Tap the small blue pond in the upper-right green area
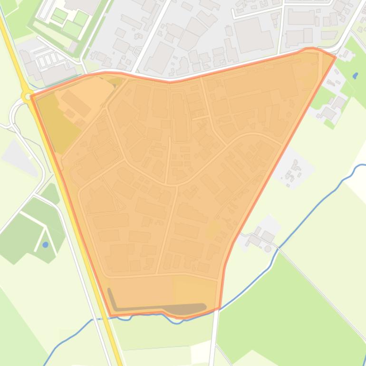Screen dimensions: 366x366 pyautogui.click(x=356, y=76)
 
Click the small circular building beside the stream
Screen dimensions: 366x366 pyautogui.click(x=268, y=248)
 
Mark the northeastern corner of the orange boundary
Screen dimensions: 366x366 pyautogui.click(x=335, y=57)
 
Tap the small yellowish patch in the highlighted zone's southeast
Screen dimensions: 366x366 pyautogui.click(x=212, y=229)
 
